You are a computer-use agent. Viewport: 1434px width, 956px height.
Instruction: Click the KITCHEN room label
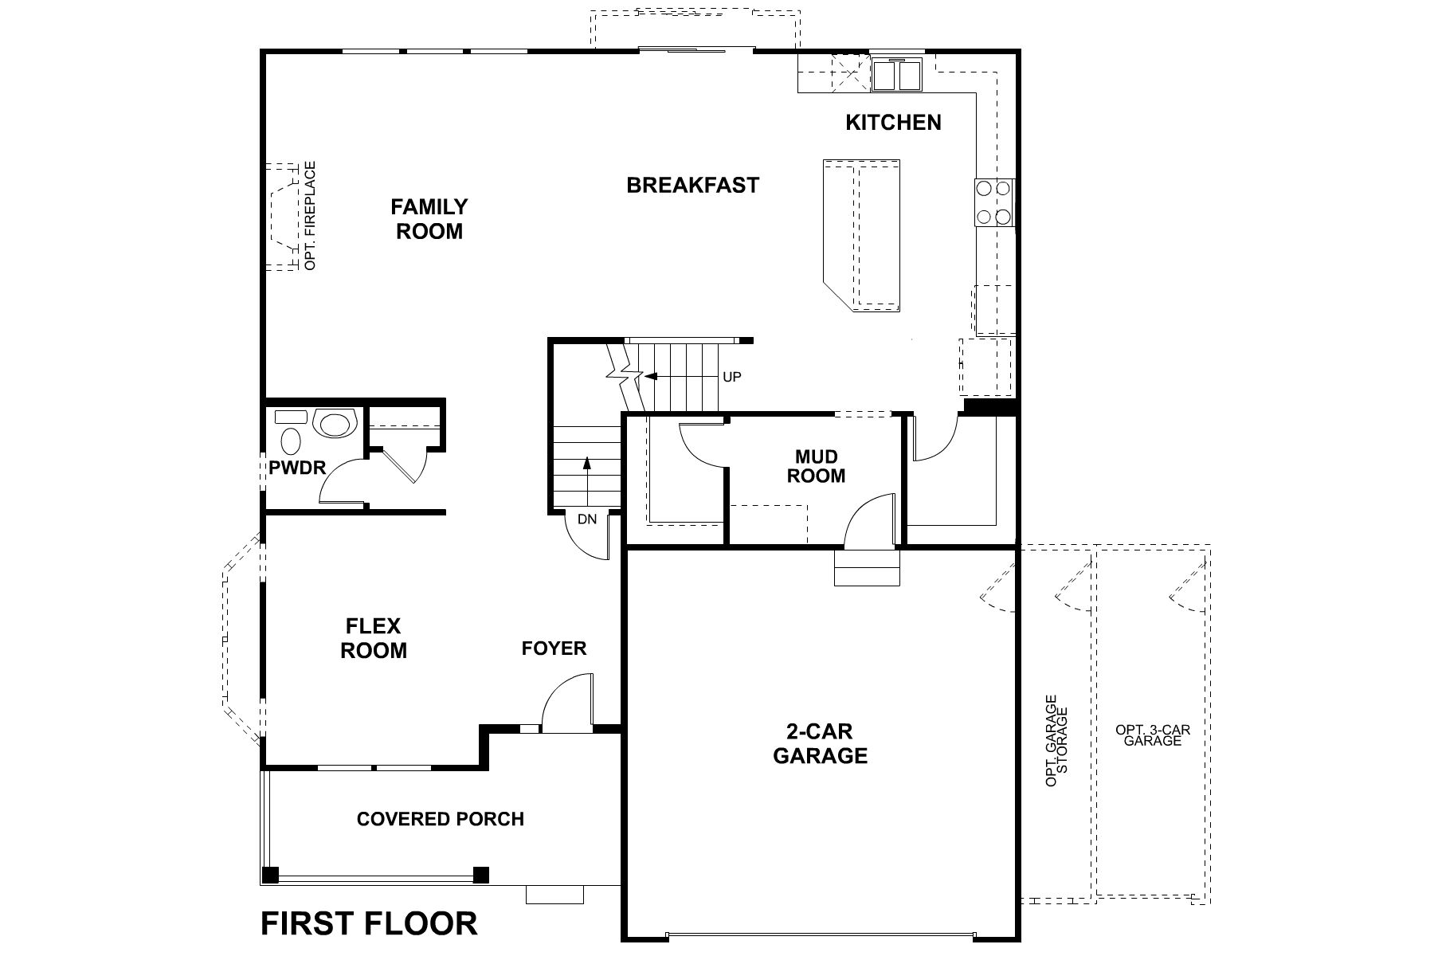click(x=893, y=123)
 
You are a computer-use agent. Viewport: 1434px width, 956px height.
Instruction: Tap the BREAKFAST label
click(x=692, y=186)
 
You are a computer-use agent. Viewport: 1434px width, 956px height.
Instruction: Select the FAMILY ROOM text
click(x=429, y=219)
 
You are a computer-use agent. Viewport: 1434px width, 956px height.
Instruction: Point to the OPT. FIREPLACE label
click(x=311, y=215)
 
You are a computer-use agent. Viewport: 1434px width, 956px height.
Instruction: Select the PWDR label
click(x=297, y=468)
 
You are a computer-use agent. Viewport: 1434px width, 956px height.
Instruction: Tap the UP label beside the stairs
click(x=731, y=377)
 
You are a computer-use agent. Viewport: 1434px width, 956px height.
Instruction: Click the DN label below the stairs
click(x=587, y=519)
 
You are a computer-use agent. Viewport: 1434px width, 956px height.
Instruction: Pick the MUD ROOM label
click(x=817, y=466)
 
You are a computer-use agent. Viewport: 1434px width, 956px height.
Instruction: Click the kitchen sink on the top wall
click(x=896, y=75)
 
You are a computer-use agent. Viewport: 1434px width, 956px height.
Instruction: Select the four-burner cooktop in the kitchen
click(x=993, y=202)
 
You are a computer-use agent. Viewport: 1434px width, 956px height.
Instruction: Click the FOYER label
click(x=554, y=648)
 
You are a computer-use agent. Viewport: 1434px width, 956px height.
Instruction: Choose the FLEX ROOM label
click(x=374, y=639)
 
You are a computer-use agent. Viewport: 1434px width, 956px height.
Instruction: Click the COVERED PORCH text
click(x=441, y=819)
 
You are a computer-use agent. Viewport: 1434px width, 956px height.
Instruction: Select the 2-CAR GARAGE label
click(x=820, y=743)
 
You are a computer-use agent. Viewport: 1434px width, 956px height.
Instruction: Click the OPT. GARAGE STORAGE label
click(x=1056, y=741)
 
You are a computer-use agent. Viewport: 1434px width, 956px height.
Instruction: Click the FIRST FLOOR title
click(x=369, y=923)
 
